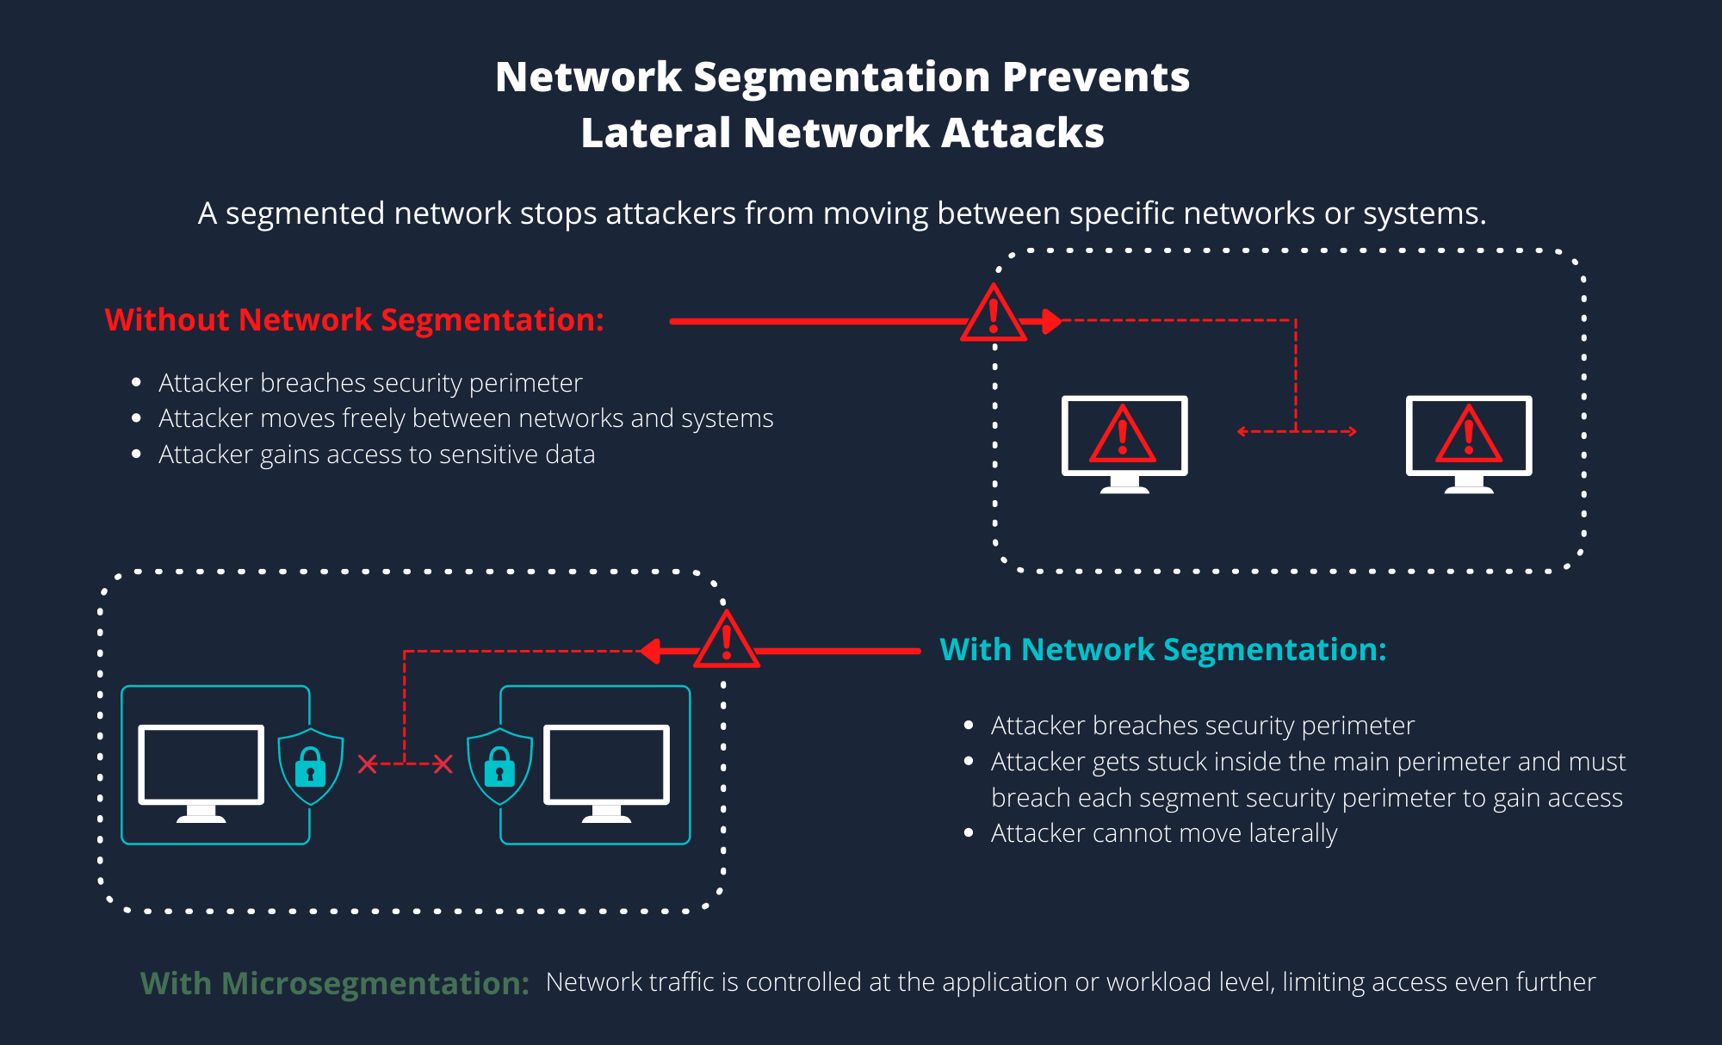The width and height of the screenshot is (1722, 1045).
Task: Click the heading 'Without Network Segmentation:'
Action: [354, 320]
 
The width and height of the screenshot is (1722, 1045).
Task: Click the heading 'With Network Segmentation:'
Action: [1162, 650]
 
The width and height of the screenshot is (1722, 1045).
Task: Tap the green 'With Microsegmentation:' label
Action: [334, 983]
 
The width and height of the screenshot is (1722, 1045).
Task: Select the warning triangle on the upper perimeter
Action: [994, 316]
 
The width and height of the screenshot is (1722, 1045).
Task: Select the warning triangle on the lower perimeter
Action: [726, 643]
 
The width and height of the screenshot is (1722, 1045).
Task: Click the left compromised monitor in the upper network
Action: [1124, 439]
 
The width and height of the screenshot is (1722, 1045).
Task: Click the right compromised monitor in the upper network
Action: [1469, 439]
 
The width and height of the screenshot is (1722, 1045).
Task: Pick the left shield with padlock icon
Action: [311, 764]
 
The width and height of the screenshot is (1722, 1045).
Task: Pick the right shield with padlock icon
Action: [499, 764]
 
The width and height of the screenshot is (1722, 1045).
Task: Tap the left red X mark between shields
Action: [368, 764]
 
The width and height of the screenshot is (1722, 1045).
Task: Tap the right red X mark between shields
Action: [443, 764]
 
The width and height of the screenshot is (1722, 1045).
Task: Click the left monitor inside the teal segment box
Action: [201, 769]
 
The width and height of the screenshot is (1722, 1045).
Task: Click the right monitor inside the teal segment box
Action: [606, 769]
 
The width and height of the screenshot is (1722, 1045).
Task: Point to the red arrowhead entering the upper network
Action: [1051, 321]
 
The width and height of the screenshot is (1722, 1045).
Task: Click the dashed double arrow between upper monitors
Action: [1296, 431]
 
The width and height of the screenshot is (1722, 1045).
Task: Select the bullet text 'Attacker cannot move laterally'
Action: [1163, 833]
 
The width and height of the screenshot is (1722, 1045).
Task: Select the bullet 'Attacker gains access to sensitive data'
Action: [376, 454]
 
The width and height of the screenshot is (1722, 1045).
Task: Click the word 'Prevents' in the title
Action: [1095, 77]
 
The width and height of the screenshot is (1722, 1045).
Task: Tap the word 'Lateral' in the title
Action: [655, 133]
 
